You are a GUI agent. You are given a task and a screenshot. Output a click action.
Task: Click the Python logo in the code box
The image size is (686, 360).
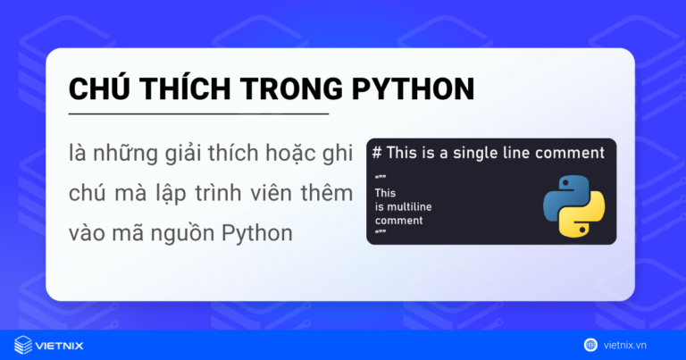573,205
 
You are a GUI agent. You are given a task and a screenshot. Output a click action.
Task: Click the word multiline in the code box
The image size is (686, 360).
408,206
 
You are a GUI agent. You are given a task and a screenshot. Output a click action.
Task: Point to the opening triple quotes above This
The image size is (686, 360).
380,179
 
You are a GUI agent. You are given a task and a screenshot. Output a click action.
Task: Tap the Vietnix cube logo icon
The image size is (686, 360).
23,344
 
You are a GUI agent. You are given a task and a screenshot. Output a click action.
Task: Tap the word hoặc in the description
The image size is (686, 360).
283,152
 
